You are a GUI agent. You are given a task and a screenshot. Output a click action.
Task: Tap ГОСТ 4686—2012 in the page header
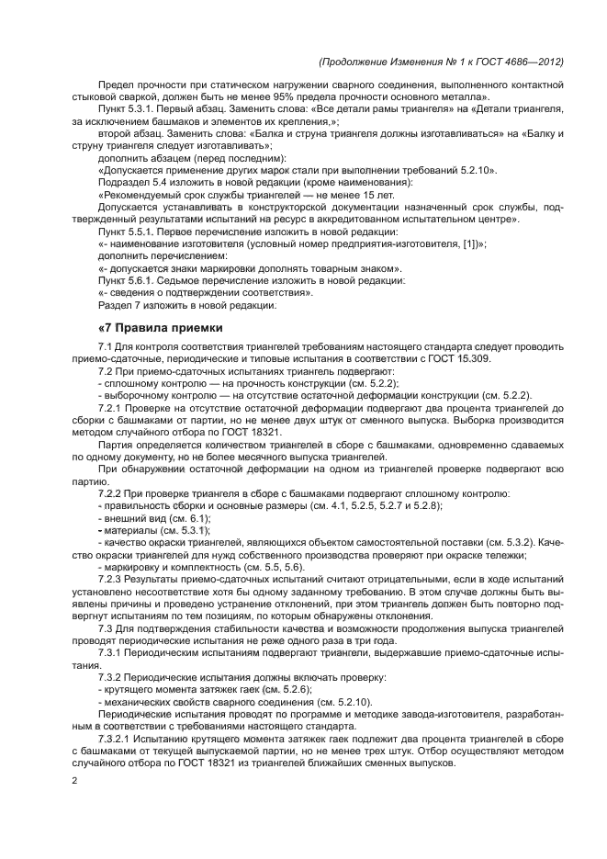pyautogui.click(x=516, y=62)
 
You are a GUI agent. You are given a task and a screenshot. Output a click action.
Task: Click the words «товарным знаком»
pyautogui.click(x=354, y=268)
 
